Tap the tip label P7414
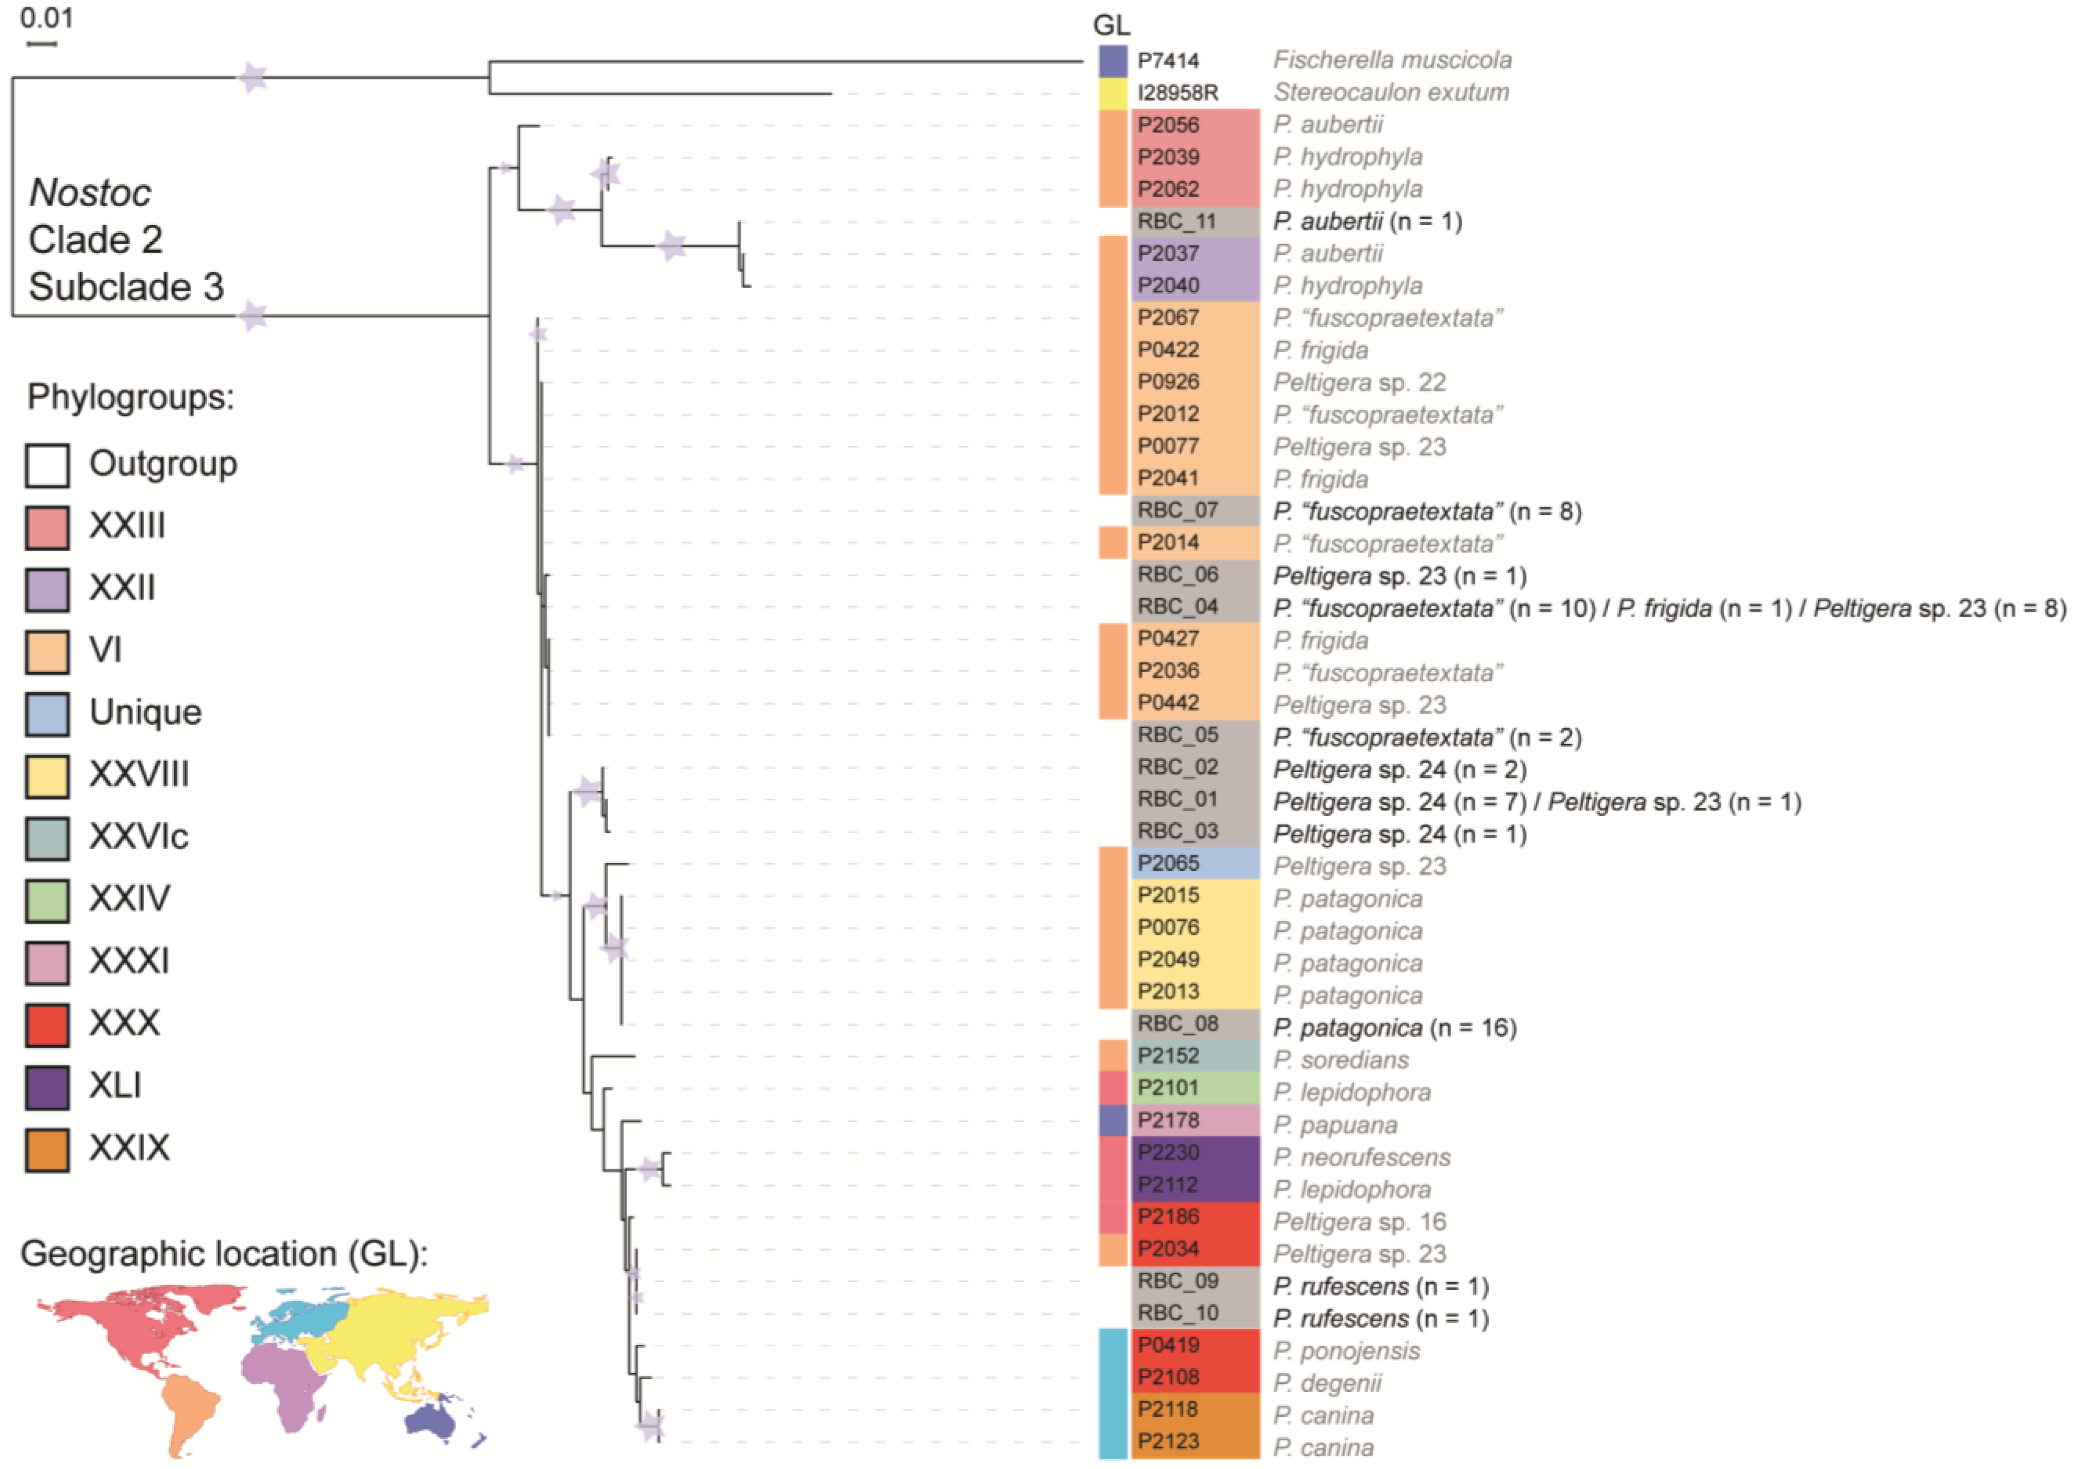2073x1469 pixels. click(x=1168, y=61)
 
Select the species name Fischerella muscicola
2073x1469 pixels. click(x=1392, y=60)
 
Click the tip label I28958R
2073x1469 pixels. click(x=1178, y=92)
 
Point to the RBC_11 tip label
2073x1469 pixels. click(x=1178, y=222)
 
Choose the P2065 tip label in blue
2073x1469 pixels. click(x=1168, y=864)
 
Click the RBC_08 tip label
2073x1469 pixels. click(x=1178, y=1024)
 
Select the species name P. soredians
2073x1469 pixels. click(x=1341, y=1060)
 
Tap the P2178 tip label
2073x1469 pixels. click(x=1168, y=1121)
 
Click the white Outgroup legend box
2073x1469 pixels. click(x=47, y=466)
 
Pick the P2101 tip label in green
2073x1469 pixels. click(x=1168, y=1088)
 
